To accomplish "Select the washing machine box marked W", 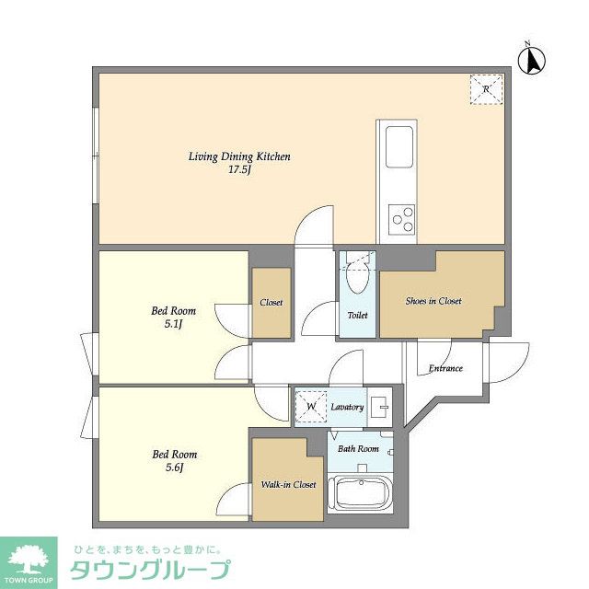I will [x=310, y=406].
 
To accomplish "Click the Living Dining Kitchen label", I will [x=239, y=156].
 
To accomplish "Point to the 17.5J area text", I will [x=239, y=169].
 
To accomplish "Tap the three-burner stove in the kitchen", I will [x=402, y=219].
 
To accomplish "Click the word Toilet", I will [x=357, y=315].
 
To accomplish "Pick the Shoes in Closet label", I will [x=433, y=301].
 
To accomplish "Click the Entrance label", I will [x=445, y=369].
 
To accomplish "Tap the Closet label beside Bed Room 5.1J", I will [x=271, y=302].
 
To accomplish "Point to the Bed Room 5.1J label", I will [x=173, y=318].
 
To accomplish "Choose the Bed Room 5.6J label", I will [x=174, y=460].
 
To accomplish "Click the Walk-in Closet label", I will [x=288, y=484].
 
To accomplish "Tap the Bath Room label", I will [x=358, y=449].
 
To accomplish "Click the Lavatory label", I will [x=347, y=407].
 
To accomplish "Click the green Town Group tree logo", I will [x=29, y=558].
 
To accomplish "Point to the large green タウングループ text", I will [x=151, y=570].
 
